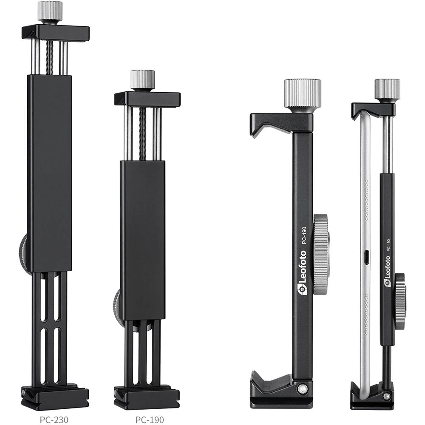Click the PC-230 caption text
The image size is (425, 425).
pos(54,420)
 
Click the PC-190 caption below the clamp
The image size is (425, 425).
pos(150,420)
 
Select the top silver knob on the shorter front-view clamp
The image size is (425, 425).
pos(142,80)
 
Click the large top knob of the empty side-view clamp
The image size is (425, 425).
pos(303,93)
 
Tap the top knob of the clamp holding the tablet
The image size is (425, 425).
pos(387,89)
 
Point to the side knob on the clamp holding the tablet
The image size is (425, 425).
pos(400,301)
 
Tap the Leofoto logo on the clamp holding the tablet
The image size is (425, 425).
pos(387,271)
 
